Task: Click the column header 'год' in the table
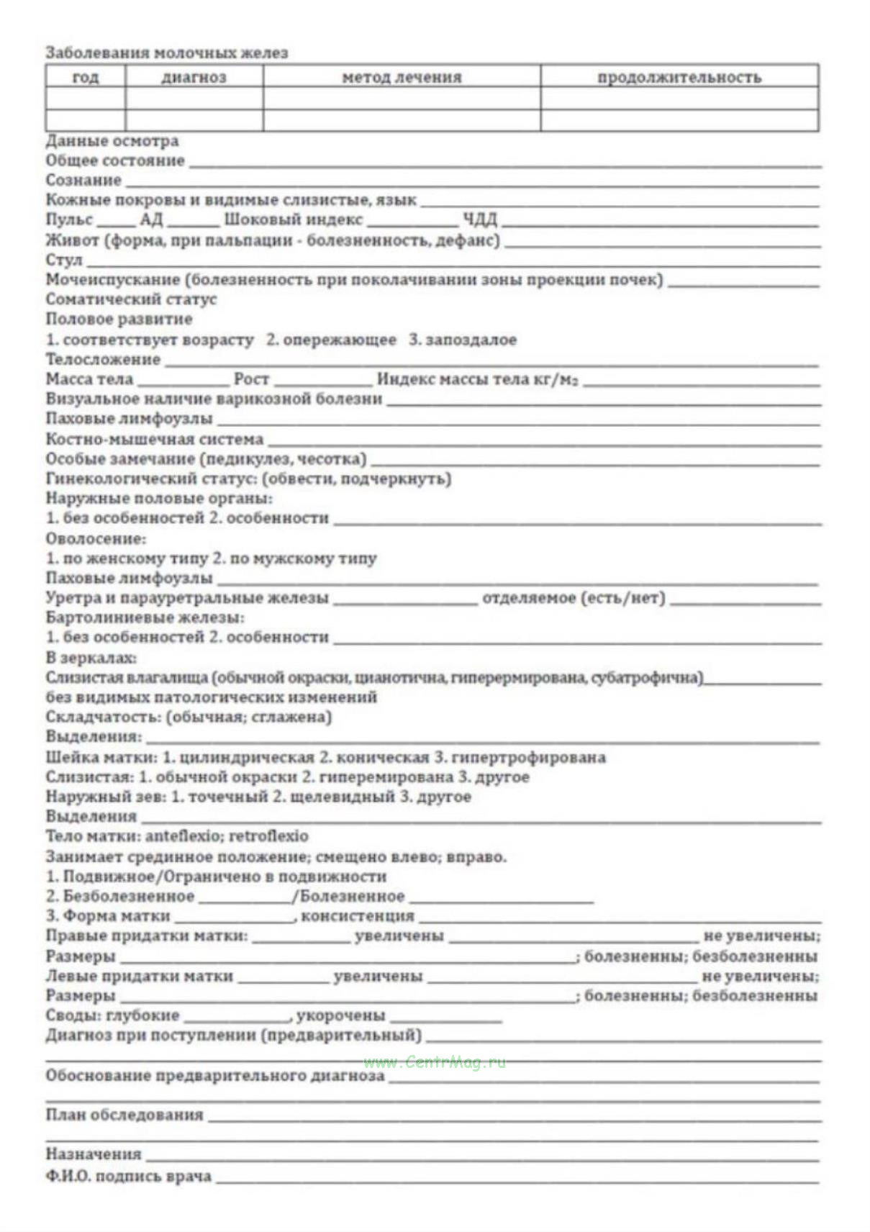click(86, 77)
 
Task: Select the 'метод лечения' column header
click(402, 77)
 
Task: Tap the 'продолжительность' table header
click(679, 77)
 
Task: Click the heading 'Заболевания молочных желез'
click(167, 53)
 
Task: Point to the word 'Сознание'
click(83, 180)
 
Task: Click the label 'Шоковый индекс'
click(293, 219)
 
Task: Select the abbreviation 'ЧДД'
click(479, 219)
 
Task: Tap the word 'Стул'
click(64, 260)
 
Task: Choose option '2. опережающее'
click(331, 340)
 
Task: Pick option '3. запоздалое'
click(463, 340)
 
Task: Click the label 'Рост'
click(251, 379)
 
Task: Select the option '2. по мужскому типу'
click(294, 558)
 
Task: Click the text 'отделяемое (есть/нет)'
click(574, 598)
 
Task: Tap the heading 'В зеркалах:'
click(91, 658)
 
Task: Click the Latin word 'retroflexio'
click(269, 836)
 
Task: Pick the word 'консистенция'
click(358, 916)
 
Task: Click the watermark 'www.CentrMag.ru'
click(435, 1062)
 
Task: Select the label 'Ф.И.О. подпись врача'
click(129, 1176)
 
